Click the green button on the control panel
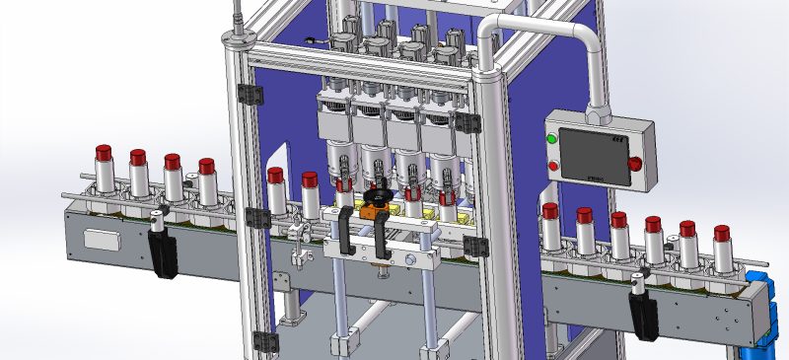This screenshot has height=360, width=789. (552, 138)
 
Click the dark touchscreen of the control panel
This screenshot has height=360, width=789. (592, 154)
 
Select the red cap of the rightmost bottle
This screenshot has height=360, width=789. (722, 234)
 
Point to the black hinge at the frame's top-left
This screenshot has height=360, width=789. (251, 94)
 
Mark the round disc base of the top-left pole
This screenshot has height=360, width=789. (237, 39)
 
